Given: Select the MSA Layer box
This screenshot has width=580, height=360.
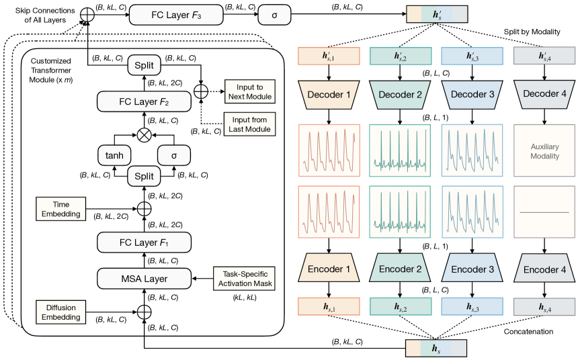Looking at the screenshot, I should click(143, 277).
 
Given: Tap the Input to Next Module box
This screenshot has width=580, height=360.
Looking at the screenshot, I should click(249, 93).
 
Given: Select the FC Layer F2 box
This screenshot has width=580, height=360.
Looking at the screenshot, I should click(143, 102).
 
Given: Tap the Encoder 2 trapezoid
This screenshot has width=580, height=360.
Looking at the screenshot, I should click(400, 269).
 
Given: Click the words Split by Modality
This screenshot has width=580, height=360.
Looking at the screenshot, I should click(529, 32).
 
